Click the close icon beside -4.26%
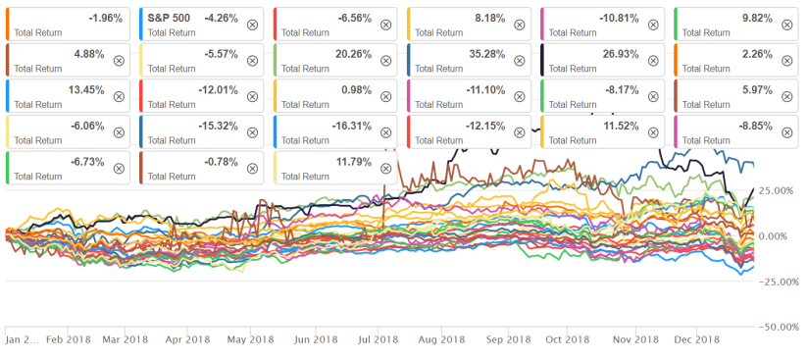click(x=252, y=25)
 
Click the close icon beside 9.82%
click(x=787, y=25)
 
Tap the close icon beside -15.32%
click(x=252, y=131)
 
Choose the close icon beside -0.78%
click(x=252, y=168)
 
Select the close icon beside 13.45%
click(x=119, y=96)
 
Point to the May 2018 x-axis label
click(x=250, y=339)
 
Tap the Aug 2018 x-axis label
click(x=440, y=339)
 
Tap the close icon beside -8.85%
click(x=787, y=131)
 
